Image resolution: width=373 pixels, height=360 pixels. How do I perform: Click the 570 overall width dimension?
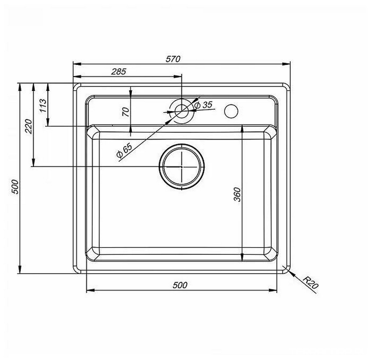tap(173, 59)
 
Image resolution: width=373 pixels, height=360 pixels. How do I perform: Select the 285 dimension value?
tap(118, 72)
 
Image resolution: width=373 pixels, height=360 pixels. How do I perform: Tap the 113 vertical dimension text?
tap(43, 105)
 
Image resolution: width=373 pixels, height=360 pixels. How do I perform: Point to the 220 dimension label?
tap(28, 126)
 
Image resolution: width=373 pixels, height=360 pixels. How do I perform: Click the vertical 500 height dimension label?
tap(15, 187)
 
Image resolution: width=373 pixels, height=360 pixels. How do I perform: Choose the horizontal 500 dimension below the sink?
tap(180, 285)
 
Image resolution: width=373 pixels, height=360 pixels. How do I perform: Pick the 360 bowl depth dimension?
tap(238, 194)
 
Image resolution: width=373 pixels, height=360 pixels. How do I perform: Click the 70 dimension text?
tap(126, 112)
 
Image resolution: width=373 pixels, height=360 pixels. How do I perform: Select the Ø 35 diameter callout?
tap(203, 105)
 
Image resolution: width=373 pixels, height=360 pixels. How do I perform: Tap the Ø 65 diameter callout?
tap(124, 151)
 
